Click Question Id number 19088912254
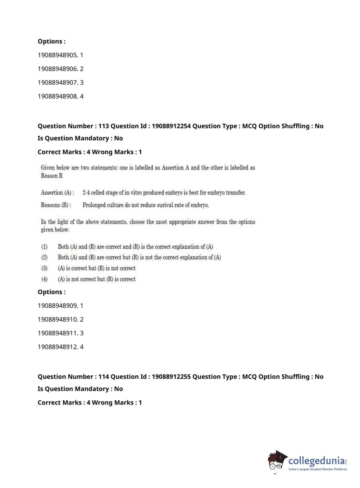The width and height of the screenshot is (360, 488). pos(171,126)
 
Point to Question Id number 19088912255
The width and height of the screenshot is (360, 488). pos(171,376)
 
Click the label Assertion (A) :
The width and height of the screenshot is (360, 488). pos(58,193)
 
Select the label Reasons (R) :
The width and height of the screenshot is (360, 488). pos(56,205)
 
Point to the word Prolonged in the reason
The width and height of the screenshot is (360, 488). pos(94,205)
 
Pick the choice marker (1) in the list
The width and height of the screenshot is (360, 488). pos(44,247)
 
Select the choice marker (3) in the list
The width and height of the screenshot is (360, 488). pos(44,268)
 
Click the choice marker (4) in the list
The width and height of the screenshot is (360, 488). pos(44,279)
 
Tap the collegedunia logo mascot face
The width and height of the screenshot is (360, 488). pos(277,461)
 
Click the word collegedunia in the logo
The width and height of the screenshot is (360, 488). pos(316,461)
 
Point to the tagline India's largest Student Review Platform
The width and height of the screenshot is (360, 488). pos(318,469)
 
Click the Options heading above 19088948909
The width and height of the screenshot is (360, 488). pos(52,292)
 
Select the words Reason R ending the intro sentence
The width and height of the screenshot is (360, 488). pos(52,176)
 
